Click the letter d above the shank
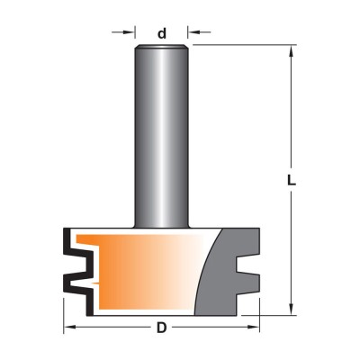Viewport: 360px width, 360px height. pyautogui.click(x=162, y=33)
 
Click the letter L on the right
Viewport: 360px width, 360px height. pyautogui.click(x=291, y=180)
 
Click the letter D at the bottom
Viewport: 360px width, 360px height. pyautogui.click(x=161, y=328)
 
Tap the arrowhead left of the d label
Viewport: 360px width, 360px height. pyautogui.click(x=129, y=31)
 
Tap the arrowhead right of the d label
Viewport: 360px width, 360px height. pyautogui.click(x=194, y=31)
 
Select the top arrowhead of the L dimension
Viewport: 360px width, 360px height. pyautogui.click(x=291, y=51)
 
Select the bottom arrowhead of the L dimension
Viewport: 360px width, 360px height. pyautogui.click(x=291, y=309)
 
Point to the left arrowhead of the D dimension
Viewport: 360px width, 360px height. pyautogui.click(x=70, y=327)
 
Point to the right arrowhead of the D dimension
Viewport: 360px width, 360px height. pyautogui.click(x=253, y=327)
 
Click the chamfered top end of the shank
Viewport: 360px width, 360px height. pyautogui.click(x=162, y=47)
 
